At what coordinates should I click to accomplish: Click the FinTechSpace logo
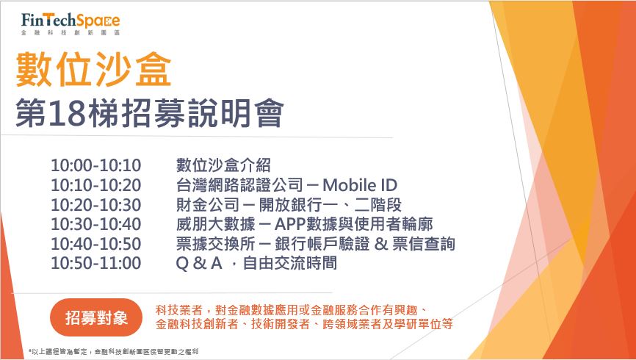tap(71, 24)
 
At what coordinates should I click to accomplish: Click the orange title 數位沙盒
tap(93, 69)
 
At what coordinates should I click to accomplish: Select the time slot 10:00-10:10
tap(95, 165)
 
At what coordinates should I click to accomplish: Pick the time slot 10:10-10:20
tap(95, 185)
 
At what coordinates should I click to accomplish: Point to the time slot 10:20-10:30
tap(95, 204)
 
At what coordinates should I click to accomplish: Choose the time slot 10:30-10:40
tap(95, 224)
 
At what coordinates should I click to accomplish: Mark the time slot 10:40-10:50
tap(95, 244)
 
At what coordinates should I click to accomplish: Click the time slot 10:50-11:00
tap(95, 264)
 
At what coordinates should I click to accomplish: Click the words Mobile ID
tap(360, 185)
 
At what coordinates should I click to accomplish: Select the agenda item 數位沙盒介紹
tap(223, 165)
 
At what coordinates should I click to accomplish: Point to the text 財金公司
tap(208, 204)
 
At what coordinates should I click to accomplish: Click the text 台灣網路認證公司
tap(239, 185)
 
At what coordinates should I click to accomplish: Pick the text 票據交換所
tap(215, 244)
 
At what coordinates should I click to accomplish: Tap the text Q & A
tap(199, 264)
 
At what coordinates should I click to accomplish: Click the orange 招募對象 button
tap(96, 317)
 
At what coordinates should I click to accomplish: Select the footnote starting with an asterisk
tap(114, 351)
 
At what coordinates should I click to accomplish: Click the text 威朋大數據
tap(215, 224)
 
